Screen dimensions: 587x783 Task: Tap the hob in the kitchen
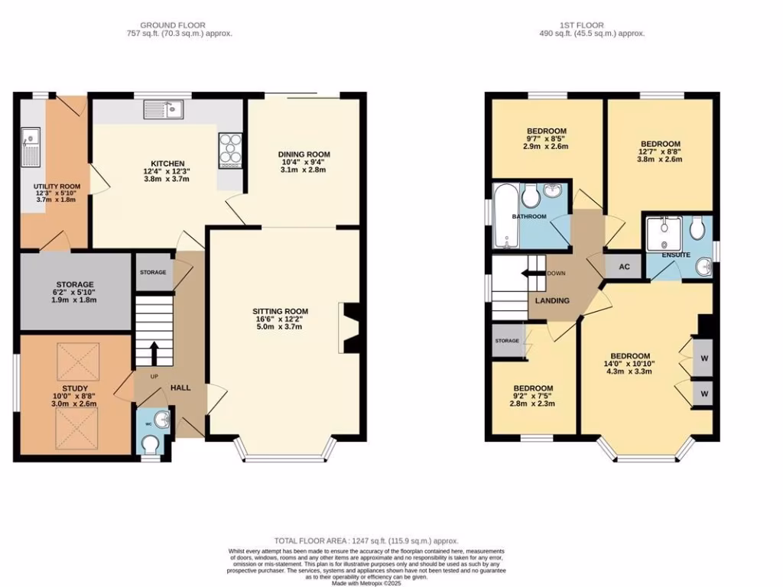pos(230,151)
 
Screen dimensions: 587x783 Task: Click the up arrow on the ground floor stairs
pos(154,353)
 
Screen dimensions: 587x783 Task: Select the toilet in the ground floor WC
pos(150,445)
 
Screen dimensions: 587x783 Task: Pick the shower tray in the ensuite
pos(662,231)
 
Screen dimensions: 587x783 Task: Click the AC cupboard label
pos(623,267)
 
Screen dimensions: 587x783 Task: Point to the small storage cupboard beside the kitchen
pos(153,271)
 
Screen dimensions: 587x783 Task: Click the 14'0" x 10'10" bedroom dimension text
pos(630,365)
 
